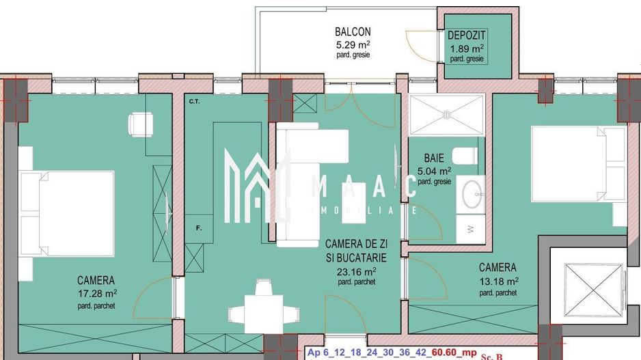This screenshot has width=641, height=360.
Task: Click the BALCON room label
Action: click(353, 31)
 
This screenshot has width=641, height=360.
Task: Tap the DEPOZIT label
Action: click(467, 36)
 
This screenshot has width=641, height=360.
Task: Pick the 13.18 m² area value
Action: click(497, 281)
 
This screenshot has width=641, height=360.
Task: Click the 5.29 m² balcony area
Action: click(353, 44)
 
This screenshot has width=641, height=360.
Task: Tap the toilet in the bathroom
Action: click(467, 155)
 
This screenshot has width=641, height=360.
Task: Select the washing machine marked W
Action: click(470, 230)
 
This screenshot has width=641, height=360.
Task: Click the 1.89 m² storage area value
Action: click(467, 48)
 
